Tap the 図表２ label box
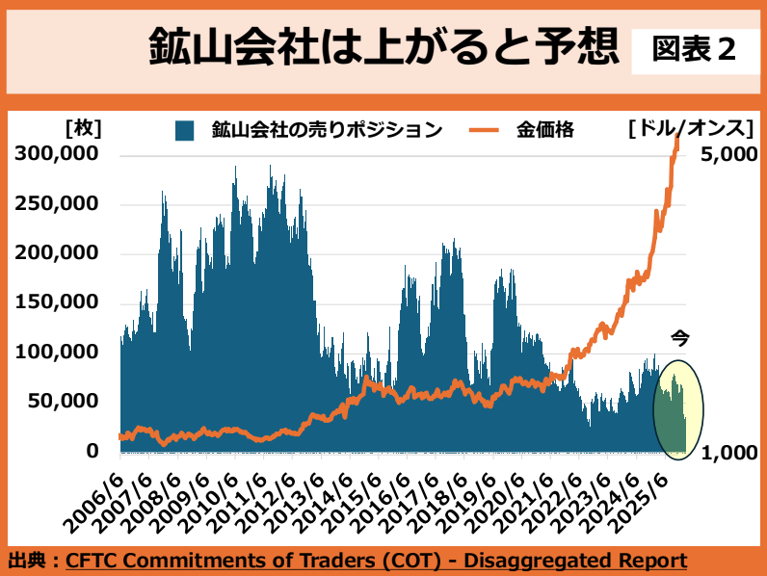(x=694, y=49)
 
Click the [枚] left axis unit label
(x=83, y=128)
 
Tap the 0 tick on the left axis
(x=93, y=451)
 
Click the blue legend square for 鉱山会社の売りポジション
(x=185, y=130)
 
